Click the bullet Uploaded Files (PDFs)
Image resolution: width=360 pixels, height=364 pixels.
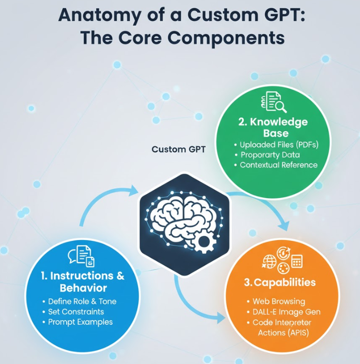click(x=279, y=144)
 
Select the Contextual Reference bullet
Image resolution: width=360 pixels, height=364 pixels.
click(x=278, y=165)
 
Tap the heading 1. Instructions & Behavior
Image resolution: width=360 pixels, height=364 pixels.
click(x=83, y=281)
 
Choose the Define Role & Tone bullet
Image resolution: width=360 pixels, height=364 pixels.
click(x=82, y=302)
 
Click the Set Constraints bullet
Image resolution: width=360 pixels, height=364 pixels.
click(x=76, y=312)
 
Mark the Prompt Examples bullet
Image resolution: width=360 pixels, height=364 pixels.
click(x=80, y=322)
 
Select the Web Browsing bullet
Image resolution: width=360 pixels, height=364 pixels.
click(x=278, y=302)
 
